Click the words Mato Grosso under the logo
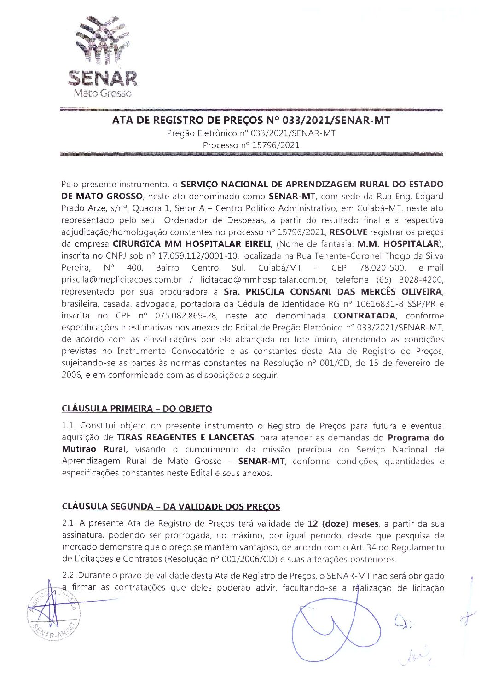(x=103, y=93)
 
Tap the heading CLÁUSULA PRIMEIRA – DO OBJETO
(x=137, y=409)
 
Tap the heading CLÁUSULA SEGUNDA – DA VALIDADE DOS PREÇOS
(x=171, y=507)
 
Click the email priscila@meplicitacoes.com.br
(x=122, y=280)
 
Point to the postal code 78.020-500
(x=382, y=268)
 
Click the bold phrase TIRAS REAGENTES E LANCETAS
(x=186, y=438)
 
